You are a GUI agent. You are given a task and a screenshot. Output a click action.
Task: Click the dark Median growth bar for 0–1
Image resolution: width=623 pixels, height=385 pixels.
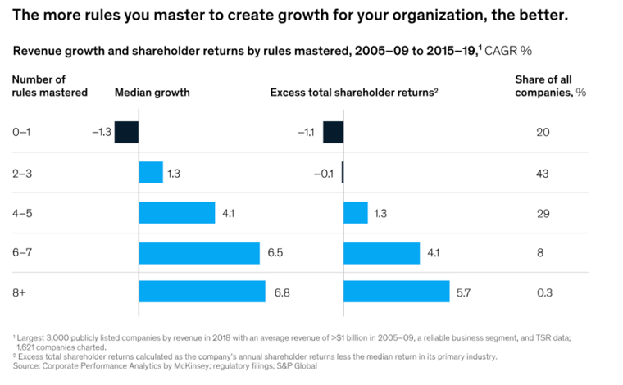[x=126, y=132]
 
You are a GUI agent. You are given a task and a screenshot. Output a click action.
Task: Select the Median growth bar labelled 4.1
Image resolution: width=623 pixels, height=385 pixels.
[x=176, y=212]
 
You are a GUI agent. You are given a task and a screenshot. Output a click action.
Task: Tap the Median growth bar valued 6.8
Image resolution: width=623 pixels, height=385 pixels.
[x=202, y=292]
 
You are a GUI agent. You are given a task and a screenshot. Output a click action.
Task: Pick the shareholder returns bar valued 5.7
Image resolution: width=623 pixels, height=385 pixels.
[x=396, y=292]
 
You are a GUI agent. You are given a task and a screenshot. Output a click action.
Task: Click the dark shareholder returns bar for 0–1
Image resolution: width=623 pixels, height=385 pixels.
[x=333, y=132]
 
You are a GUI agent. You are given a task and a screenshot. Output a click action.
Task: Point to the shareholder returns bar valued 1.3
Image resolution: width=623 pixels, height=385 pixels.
[x=355, y=212]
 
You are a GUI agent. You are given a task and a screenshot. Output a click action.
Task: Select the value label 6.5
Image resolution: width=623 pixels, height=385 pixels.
[x=275, y=253]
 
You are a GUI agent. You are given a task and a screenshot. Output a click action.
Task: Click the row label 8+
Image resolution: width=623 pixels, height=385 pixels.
[x=20, y=292]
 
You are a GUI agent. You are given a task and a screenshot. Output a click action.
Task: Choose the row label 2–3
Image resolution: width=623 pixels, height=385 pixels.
[x=22, y=173]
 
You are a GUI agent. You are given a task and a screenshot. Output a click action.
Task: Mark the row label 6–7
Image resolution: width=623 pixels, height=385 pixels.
[x=22, y=253]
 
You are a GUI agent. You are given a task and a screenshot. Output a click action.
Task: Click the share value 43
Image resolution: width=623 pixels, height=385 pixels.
[x=543, y=173]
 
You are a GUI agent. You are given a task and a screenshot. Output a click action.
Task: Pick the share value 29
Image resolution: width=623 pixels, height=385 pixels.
[x=543, y=212]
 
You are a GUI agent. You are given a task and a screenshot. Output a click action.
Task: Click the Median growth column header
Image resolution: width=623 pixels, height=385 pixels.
[x=152, y=93]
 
